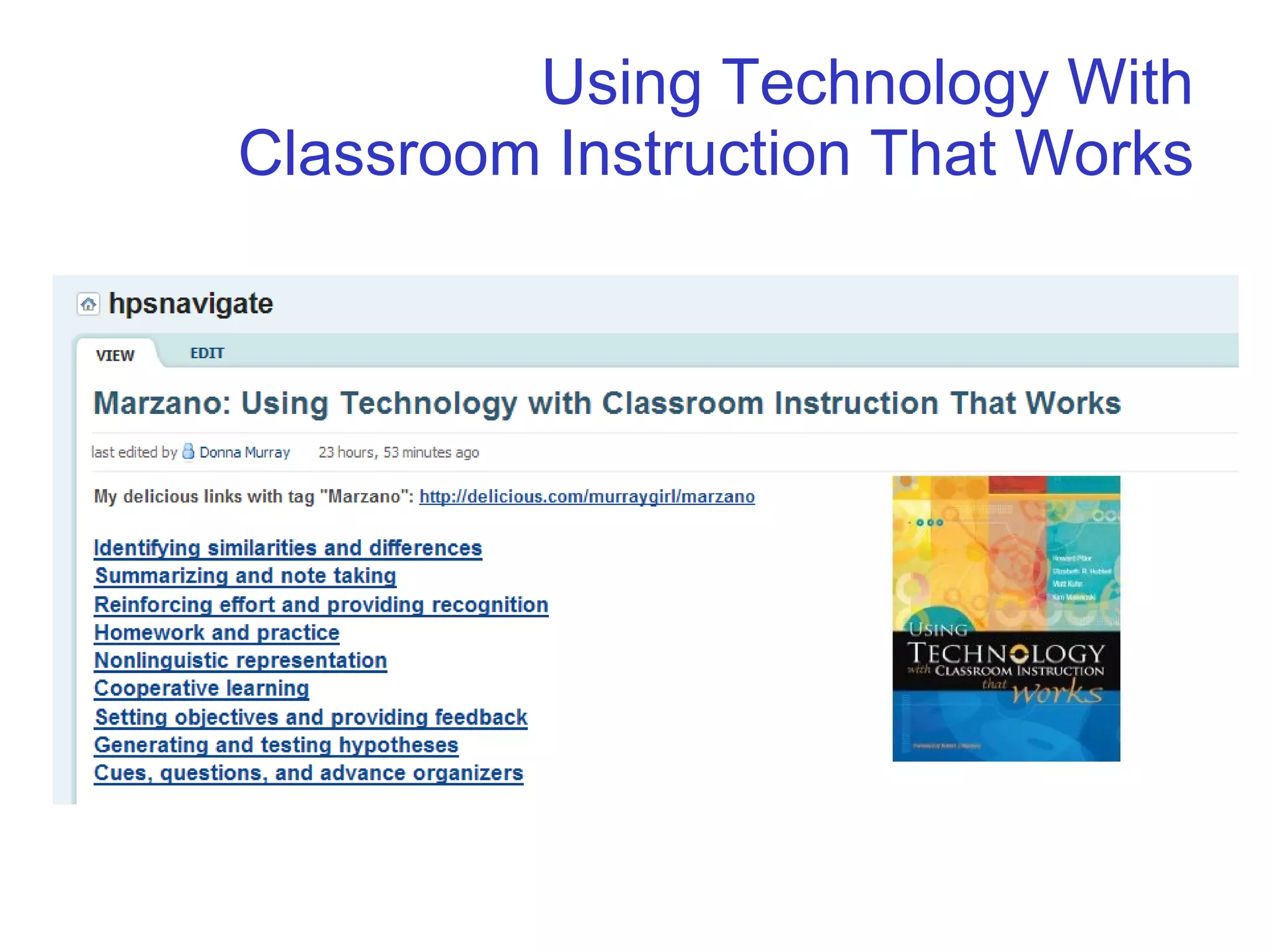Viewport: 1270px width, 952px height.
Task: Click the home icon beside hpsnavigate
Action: coord(88,304)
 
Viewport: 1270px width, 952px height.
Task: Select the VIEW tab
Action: coord(115,355)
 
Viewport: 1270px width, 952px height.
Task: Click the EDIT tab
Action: coord(207,353)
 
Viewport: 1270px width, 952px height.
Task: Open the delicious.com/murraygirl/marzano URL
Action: coord(587,496)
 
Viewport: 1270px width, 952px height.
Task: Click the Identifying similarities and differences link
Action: coord(288,548)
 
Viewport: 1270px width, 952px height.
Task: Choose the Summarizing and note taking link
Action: coord(246,576)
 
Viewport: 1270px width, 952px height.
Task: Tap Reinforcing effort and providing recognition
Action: coord(321,604)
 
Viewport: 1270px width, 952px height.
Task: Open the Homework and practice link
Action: coord(217,632)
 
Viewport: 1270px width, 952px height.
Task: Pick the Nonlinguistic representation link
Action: coord(241,661)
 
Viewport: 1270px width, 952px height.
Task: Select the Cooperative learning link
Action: coord(202,689)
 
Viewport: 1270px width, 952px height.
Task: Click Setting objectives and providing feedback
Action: coord(311,717)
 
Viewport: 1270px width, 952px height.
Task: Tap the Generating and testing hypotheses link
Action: coord(276,745)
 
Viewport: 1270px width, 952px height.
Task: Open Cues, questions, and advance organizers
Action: coord(309,773)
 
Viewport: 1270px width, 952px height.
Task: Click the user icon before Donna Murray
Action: coord(188,452)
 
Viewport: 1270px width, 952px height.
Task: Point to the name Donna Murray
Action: coord(244,452)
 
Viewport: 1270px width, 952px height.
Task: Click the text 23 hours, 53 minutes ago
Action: coord(399,452)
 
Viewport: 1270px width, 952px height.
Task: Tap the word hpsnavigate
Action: coord(191,304)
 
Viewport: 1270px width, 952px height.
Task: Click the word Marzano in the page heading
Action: coord(161,403)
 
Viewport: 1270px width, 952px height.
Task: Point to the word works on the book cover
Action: coord(1057,692)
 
